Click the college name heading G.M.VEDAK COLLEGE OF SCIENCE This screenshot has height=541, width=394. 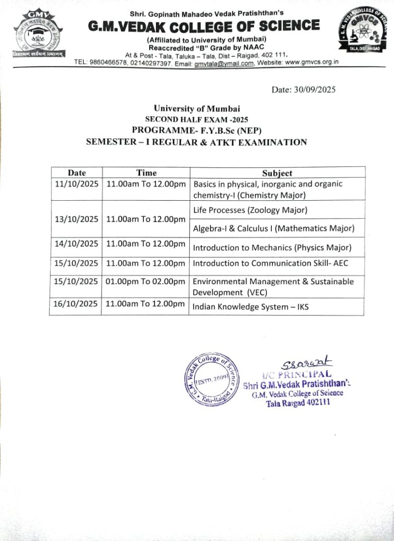tap(204, 26)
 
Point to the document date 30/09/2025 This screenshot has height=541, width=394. tap(303, 90)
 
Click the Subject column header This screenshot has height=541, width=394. tap(277, 173)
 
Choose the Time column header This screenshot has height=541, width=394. tap(146, 173)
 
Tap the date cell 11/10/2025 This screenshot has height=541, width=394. tap(76, 184)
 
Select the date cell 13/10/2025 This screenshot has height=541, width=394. tap(76, 219)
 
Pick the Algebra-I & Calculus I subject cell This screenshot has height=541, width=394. tap(273, 228)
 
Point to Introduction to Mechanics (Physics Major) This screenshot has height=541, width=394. tap(272, 247)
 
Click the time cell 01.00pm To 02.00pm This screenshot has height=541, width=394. tap(145, 282)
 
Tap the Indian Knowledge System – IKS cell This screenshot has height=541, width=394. tap(251, 306)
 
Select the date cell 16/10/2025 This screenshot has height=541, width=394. tap(76, 304)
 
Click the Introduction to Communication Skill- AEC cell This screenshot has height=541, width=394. tap(270, 263)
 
